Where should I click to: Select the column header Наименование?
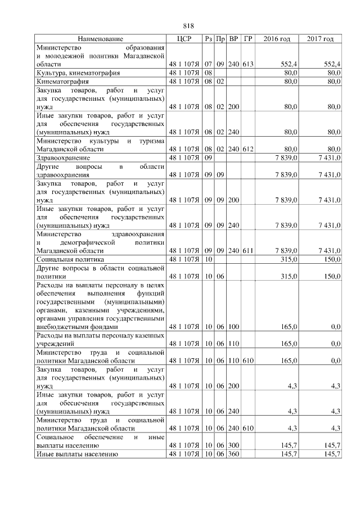coord(100,39)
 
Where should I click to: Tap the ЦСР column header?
coord(184,39)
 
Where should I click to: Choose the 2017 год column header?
coord(320,39)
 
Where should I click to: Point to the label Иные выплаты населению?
coord(76,454)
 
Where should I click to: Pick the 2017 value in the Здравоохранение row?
coord(329,158)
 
